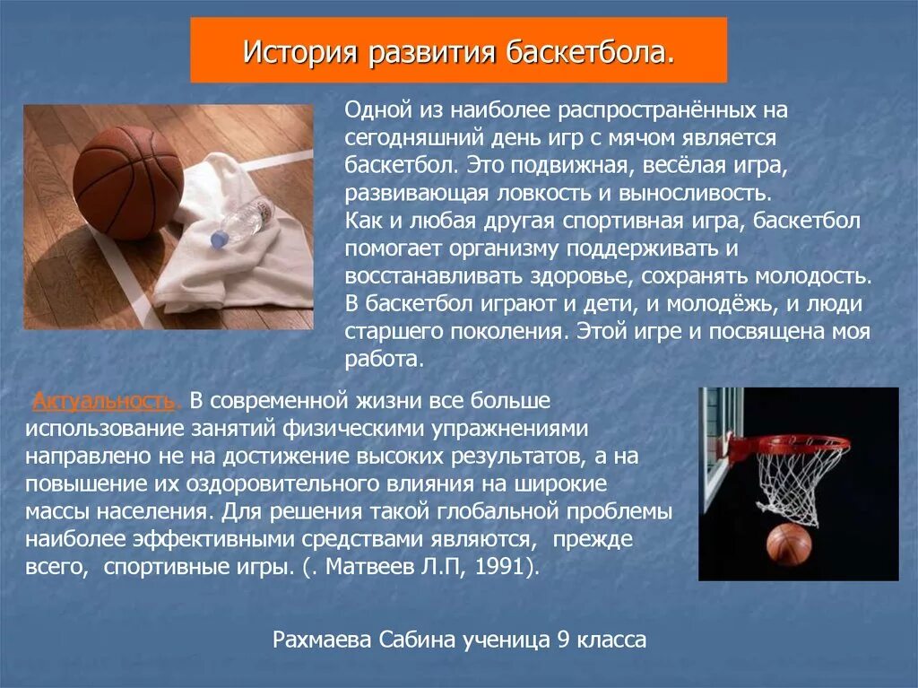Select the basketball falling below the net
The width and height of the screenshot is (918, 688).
pos(788,544)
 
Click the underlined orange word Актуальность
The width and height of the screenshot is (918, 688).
pos(102,399)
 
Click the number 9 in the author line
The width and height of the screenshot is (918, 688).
pos(563,640)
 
